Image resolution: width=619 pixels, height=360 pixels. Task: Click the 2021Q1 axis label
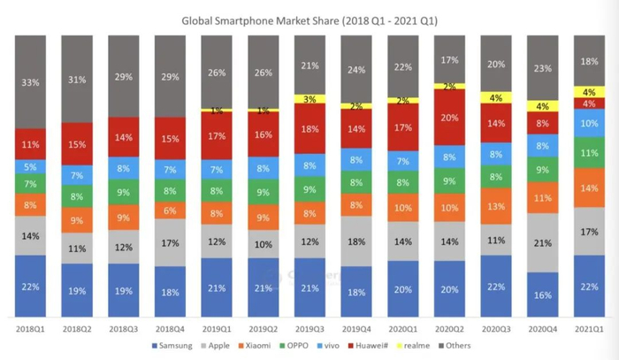[591, 328]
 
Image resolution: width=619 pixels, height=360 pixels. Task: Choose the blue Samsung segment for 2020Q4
[544, 295]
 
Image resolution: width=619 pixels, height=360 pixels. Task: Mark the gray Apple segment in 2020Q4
[544, 243]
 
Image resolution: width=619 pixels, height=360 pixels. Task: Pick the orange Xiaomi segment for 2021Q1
[591, 188]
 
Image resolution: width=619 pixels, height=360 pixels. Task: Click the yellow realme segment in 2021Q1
[591, 92]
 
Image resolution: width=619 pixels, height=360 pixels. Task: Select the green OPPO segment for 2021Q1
[591, 153]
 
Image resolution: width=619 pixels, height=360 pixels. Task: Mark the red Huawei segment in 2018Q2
[79, 144]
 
